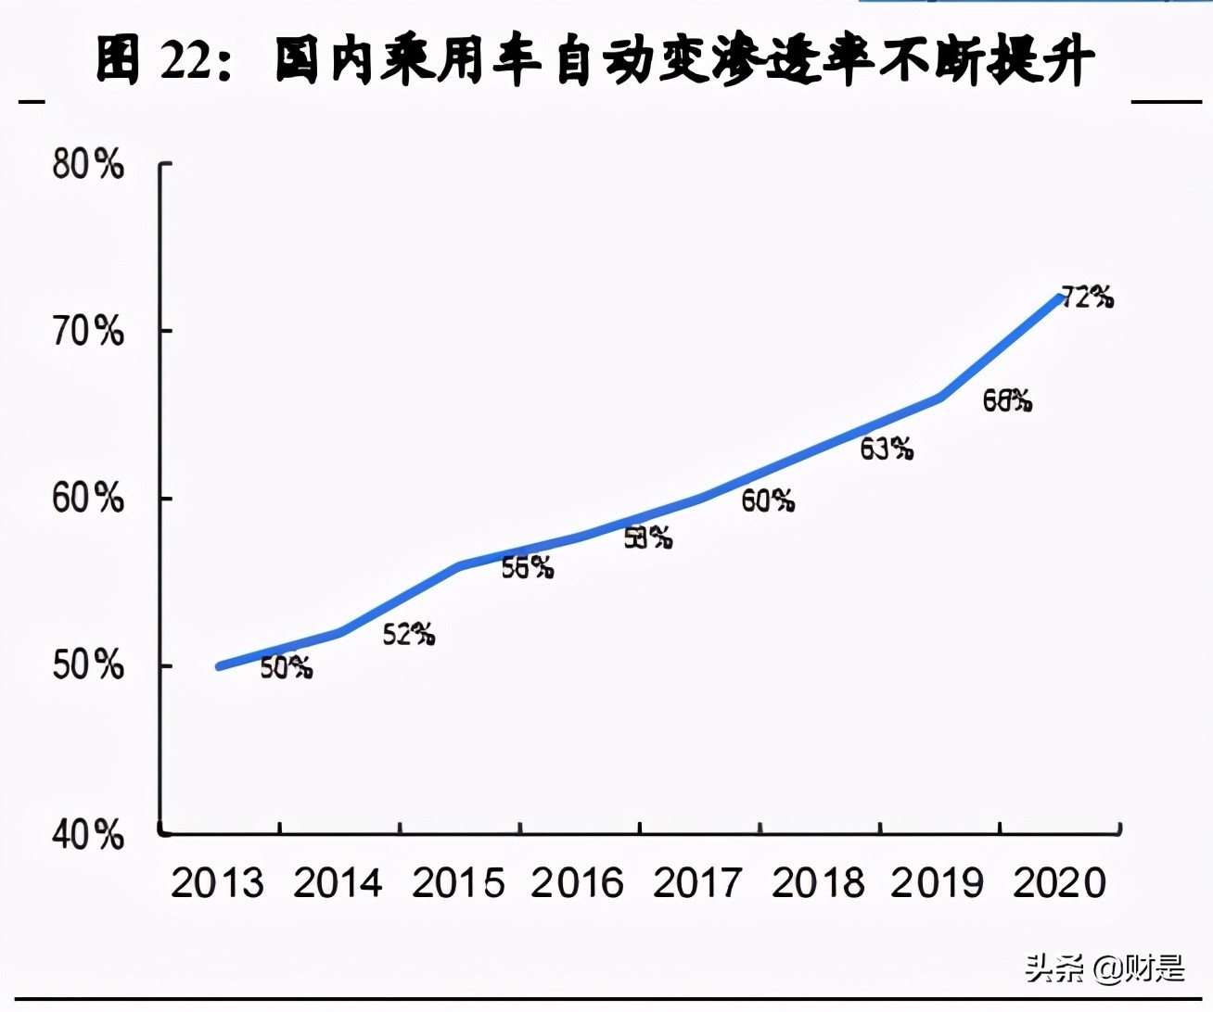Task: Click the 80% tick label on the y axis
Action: [x=88, y=165]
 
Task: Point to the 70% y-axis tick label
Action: [x=88, y=331]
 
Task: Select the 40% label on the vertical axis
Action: [x=88, y=835]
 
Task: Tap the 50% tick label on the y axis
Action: [x=88, y=665]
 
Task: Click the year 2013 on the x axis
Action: [x=217, y=883]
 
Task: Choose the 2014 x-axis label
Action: [x=338, y=883]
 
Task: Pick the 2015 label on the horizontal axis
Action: [x=458, y=883]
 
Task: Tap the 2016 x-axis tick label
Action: [x=578, y=883]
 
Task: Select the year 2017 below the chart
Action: [x=697, y=883]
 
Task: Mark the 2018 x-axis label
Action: [x=818, y=883]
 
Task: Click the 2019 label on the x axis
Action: [x=938, y=883]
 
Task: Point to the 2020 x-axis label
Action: [x=1059, y=883]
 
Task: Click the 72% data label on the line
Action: [x=1087, y=297]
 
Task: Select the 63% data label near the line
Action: [x=887, y=449]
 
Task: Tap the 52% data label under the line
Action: [x=409, y=635]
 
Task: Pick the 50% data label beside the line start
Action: [x=286, y=667]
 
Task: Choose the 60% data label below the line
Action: [x=768, y=501]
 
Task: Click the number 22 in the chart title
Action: [x=186, y=62]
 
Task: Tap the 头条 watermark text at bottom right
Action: [x=1054, y=968]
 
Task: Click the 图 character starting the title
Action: [x=119, y=60]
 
